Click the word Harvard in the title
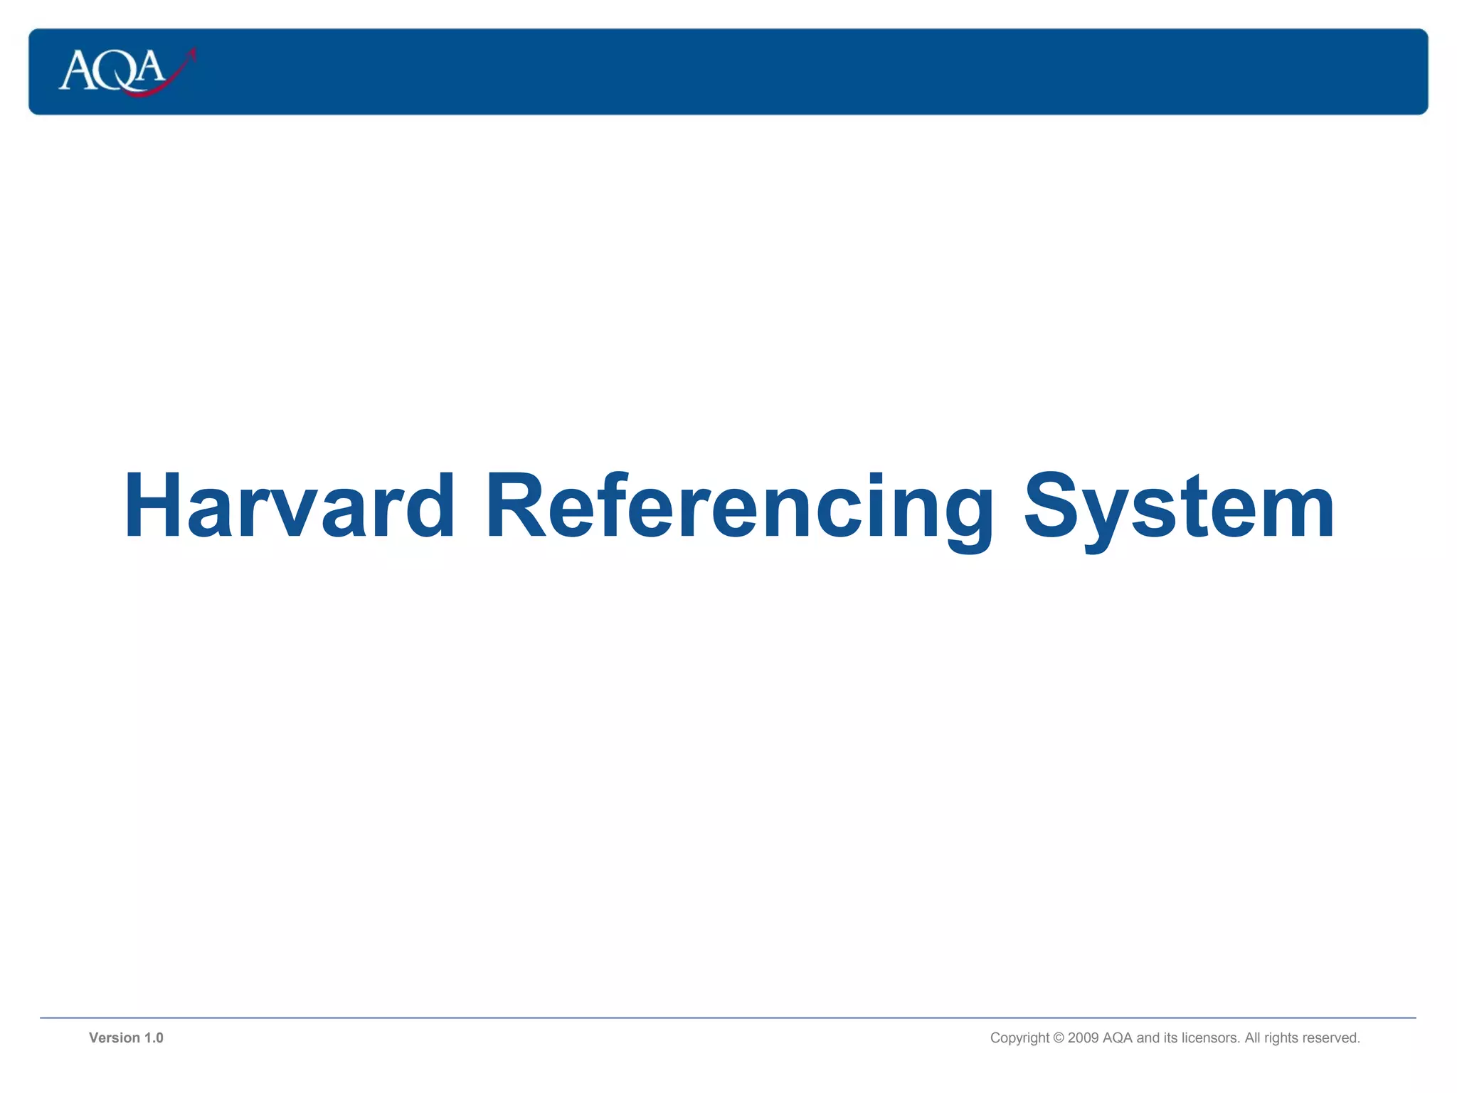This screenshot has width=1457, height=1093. tap(290, 506)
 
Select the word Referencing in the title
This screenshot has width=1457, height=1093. tap(740, 506)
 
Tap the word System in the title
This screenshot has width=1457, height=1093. tap(1179, 506)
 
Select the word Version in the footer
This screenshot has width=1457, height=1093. tap(114, 1037)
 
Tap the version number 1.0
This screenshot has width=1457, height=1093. tap(154, 1037)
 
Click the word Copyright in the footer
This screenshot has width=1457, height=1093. tap(1019, 1037)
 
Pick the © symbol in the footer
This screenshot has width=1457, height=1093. tap(1058, 1037)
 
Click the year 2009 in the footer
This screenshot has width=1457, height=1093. tap(1083, 1037)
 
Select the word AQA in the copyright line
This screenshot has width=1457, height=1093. tap(1117, 1037)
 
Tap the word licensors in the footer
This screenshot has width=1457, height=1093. tap(1209, 1037)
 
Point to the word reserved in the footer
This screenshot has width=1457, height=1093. tap(1332, 1037)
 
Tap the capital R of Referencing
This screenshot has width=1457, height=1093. tap(514, 506)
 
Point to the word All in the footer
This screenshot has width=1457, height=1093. tap(1252, 1037)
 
